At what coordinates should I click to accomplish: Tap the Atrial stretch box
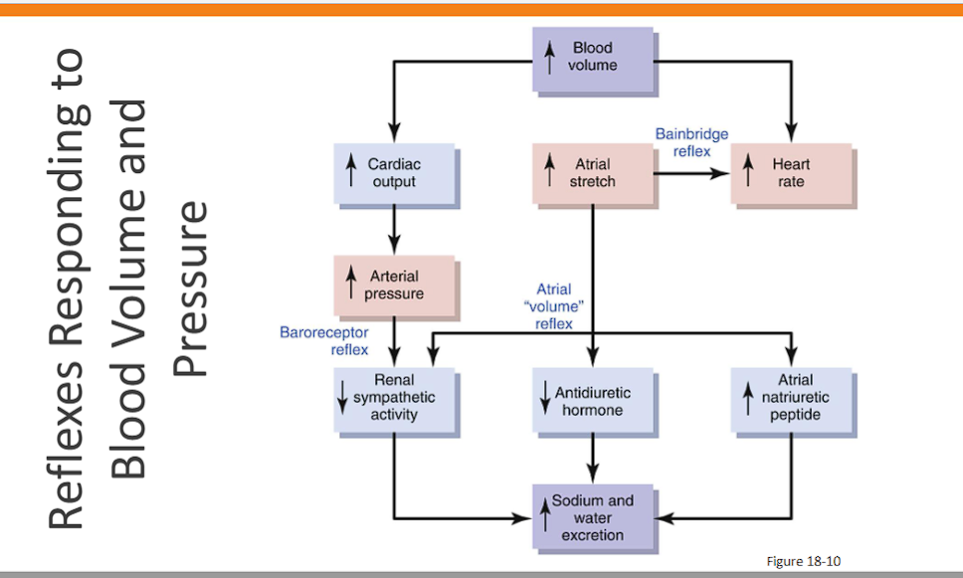tap(592, 173)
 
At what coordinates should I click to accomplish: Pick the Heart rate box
tap(792, 173)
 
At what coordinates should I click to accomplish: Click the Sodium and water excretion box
tap(592, 518)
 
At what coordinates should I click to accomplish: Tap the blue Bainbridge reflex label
tap(691, 142)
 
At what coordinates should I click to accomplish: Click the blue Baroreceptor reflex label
tap(324, 340)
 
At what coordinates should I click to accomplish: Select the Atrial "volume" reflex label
tap(553, 306)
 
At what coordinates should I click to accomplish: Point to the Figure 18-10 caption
tap(803, 561)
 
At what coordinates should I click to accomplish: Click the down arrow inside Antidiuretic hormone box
tap(545, 396)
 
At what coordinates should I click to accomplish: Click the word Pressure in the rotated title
tap(189, 289)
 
